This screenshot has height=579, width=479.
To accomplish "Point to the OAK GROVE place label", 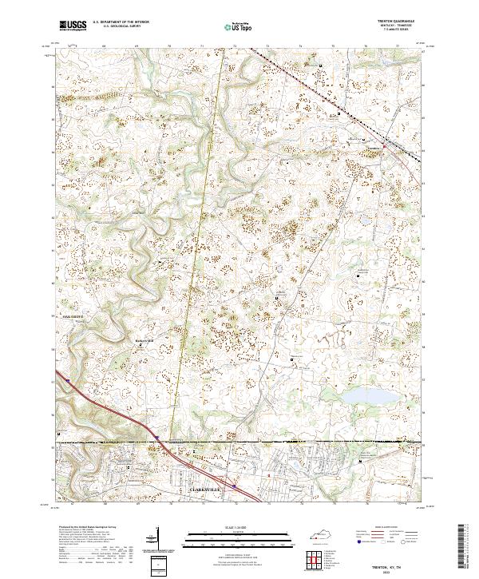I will click(x=73, y=316).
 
